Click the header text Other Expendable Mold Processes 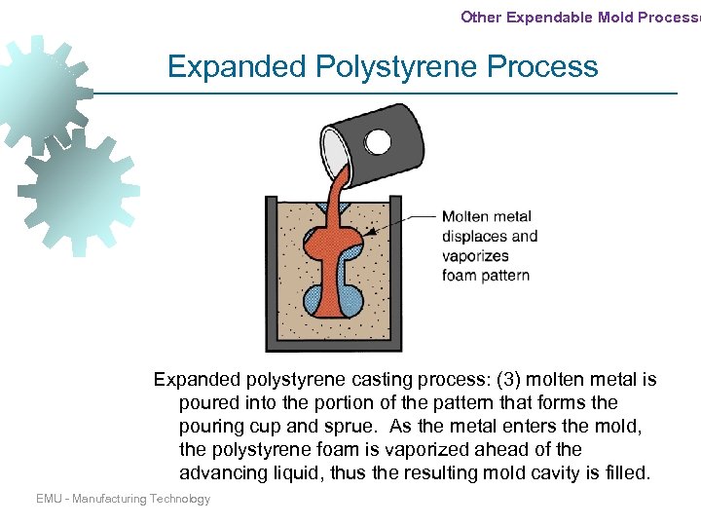pos(580,16)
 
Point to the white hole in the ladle pos(378,142)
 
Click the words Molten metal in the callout pos(487,216)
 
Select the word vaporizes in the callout pos(474,255)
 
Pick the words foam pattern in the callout pos(486,275)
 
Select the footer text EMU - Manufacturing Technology pos(123,499)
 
